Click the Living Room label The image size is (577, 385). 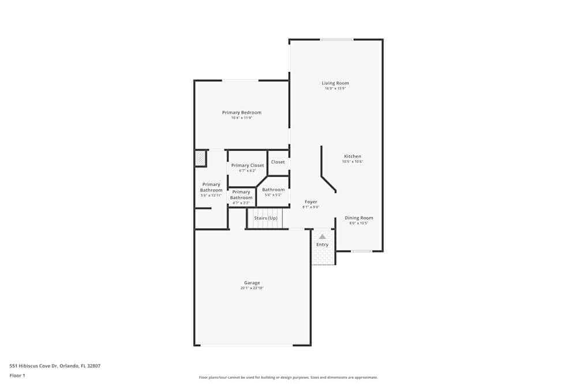[335, 83]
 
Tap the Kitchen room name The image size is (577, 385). [353, 156]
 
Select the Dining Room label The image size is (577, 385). [359, 218]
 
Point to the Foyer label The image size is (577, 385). [311, 202]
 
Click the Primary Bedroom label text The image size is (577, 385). [242, 113]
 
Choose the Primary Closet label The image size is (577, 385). [248, 166]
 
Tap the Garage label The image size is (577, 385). [252, 283]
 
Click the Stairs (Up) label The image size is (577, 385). [265, 218]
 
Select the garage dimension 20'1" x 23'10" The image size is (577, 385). [252, 288]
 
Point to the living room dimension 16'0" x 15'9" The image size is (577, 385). [335, 89]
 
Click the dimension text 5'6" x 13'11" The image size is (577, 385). [211, 196]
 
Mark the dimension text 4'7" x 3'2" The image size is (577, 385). [241, 203]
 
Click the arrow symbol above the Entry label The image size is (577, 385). [322, 236]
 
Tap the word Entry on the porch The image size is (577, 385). [322, 245]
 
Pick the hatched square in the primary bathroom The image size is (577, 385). [200, 158]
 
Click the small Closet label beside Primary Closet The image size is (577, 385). [278, 162]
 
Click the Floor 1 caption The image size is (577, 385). [17, 375]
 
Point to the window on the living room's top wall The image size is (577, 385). [336, 39]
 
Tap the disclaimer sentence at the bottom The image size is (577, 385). [288, 377]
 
